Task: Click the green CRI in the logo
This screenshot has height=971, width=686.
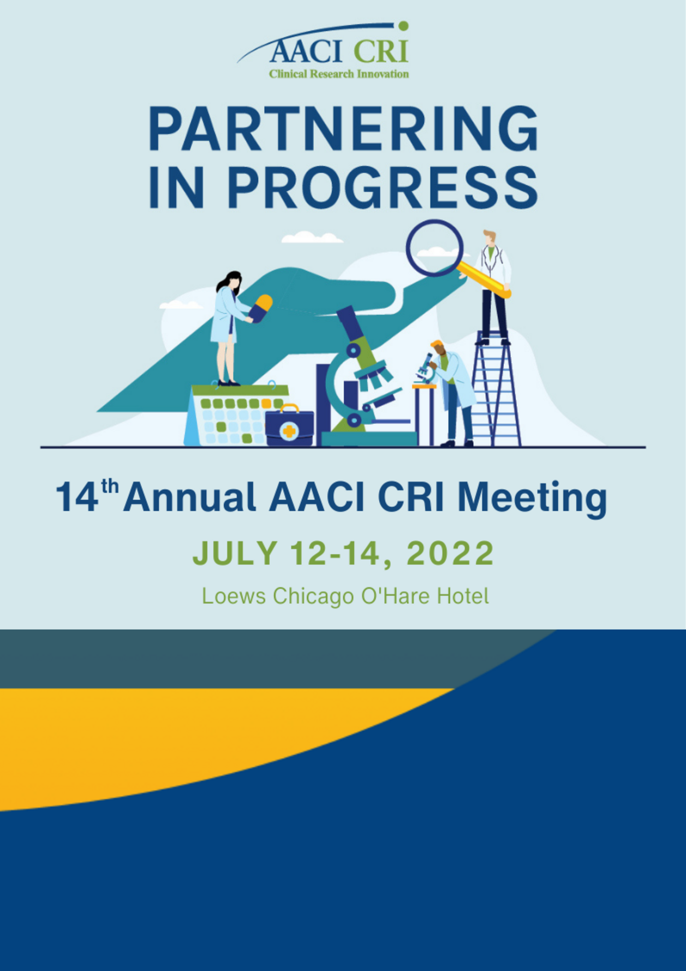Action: [x=381, y=51]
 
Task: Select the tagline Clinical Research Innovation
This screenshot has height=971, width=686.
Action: [x=339, y=74]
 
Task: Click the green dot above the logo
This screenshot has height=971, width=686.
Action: [x=403, y=26]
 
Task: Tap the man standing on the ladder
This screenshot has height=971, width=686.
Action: [x=493, y=287]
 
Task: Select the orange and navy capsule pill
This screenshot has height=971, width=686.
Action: [x=260, y=308]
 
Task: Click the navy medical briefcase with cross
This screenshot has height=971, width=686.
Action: [x=289, y=426]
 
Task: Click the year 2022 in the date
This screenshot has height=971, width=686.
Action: [x=450, y=553]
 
